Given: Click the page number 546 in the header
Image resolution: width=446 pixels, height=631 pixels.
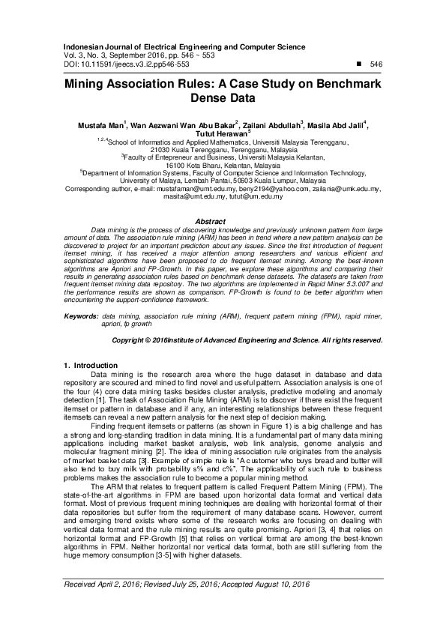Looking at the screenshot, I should (377, 65).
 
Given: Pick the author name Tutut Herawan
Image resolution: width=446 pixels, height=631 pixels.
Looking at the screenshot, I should (220, 133).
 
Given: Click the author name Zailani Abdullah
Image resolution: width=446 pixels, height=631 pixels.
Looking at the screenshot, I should (271, 124).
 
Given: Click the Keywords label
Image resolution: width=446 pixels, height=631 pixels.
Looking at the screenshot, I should (81, 318).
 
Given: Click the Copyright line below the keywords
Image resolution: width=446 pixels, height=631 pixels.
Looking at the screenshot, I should (247, 339).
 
